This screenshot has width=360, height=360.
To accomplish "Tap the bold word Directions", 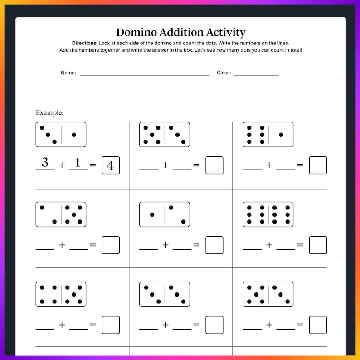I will click(x=84, y=43).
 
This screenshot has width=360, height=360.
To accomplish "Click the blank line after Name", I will click(x=145, y=75).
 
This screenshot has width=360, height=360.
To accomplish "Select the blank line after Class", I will click(x=256, y=75).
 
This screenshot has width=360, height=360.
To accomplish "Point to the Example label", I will click(x=49, y=112).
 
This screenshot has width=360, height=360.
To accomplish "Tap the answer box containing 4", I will click(x=111, y=165).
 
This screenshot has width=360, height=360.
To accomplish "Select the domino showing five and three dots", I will click(x=165, y=135).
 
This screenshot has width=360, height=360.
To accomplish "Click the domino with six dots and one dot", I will click(x=268, y=135).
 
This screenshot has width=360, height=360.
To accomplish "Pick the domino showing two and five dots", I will click(x=61, y=214).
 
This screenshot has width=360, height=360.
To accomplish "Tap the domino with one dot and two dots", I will click(x=165, y=214).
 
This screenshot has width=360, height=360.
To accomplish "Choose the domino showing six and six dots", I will click(x=268, y=214).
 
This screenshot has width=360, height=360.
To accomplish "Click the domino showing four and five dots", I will click(x=61, y=294).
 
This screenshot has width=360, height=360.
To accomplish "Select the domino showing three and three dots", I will click(x=165, y=294).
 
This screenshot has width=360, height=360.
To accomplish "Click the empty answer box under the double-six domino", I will click(x=318, y=245).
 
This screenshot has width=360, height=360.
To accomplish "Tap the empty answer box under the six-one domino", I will click(x=318, y=165).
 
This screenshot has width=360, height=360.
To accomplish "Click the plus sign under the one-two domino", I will click(x=165, y=245).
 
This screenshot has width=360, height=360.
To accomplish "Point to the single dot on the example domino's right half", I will click(x=74, y=135).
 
